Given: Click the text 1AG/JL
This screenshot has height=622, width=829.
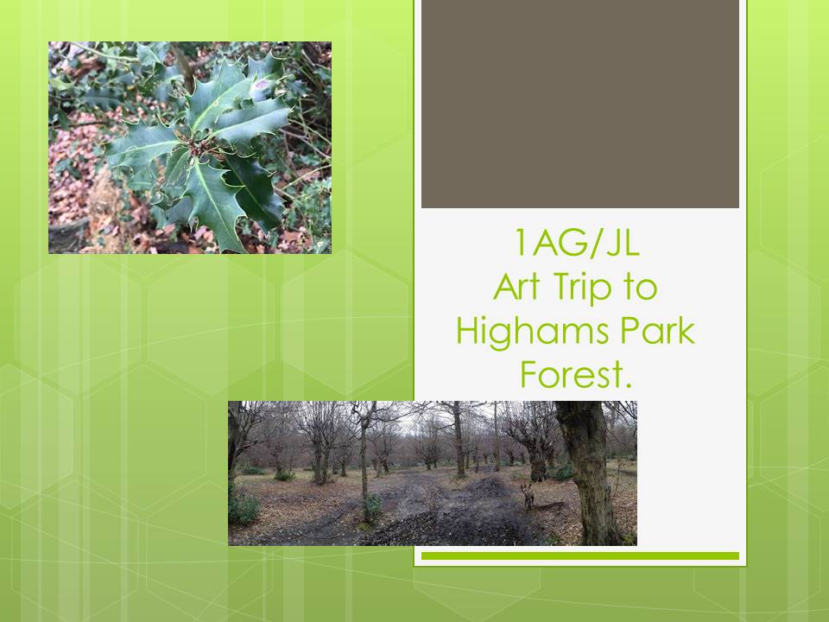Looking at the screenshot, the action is click(x=576, y=243).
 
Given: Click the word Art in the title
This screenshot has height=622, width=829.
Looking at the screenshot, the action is click(x=516, y=286).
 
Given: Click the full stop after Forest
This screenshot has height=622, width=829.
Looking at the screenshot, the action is click(x=628, y=385).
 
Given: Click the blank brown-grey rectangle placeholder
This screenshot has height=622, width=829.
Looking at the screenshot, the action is click(x=580, y=104).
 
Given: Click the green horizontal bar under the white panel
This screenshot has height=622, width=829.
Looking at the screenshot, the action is click(x=580, y=555).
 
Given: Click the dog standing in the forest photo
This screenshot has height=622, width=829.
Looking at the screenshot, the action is click(x=528, y=496).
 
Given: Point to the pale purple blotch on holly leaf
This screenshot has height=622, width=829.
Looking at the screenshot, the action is click(x=261, y=86).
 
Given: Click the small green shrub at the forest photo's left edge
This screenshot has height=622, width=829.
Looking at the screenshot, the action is click(x=242, y=507).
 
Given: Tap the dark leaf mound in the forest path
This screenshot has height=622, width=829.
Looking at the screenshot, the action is click(x=484, y=486).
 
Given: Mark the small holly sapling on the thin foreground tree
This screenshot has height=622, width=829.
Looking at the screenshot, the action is click(x=371, y=508).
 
